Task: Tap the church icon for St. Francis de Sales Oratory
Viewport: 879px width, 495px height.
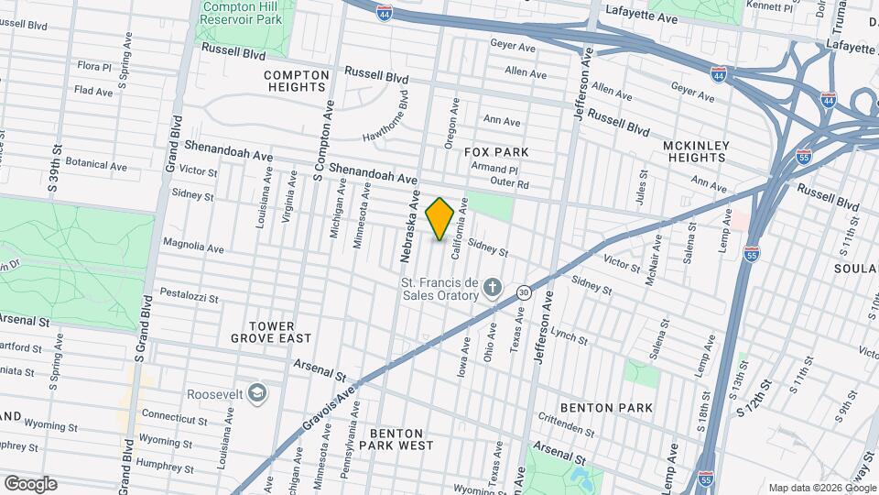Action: pos(493,288)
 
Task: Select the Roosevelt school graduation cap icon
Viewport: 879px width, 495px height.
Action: pos(257,393)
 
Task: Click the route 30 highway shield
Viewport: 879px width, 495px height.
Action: pos(523,292)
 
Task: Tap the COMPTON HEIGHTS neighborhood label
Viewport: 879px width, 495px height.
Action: pos(296,81)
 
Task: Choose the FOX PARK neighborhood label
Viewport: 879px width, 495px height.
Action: pos(496,151)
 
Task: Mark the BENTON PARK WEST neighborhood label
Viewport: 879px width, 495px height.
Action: pos(396,439)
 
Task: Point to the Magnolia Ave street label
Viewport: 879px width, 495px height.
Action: pos(193,247)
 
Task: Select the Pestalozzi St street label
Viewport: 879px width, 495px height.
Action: pos(189,297)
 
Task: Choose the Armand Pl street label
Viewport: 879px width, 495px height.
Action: pos(494,170)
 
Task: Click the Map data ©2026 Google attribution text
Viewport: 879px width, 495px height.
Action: pos(821,487)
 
